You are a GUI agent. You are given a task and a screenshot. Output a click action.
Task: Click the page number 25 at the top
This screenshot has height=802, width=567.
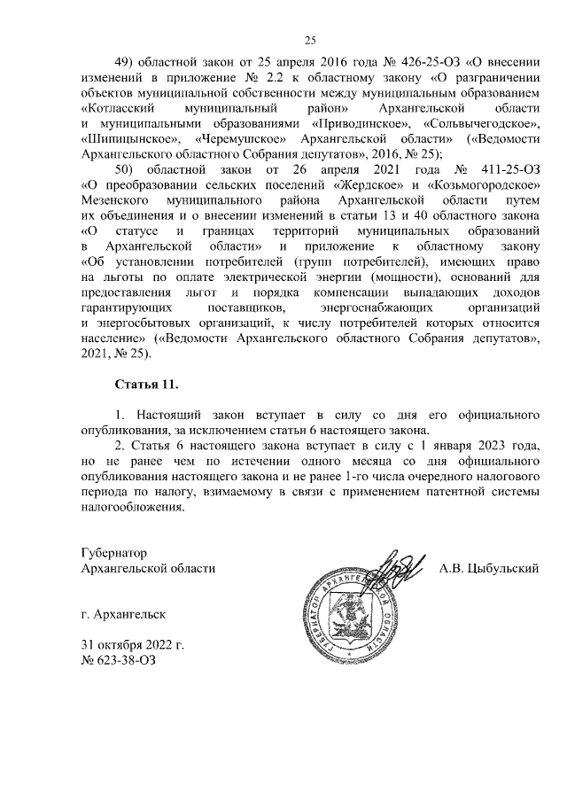310,39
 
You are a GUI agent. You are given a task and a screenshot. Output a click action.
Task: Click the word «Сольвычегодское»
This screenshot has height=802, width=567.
483,123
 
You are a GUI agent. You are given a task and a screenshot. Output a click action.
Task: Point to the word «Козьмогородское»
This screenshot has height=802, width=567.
485,184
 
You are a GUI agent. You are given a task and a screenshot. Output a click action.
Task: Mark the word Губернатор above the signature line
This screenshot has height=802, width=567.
113,552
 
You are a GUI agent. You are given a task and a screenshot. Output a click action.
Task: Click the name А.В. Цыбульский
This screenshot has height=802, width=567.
490,567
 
